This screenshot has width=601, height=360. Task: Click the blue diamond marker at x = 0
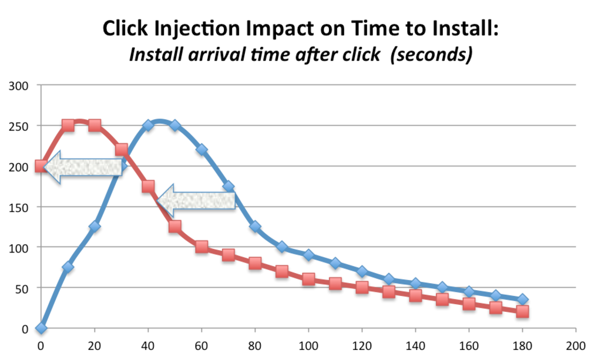tap(41, 328)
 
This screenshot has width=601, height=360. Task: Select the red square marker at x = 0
tap(41, 166)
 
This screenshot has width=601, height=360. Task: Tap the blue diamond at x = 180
tap(522, 300)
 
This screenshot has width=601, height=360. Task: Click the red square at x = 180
tap(522, 312)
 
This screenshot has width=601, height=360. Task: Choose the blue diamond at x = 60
tap(202, 150)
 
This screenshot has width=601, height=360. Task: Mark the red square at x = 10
tap(68, 126)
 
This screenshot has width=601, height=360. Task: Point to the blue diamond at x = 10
tap(68, 267)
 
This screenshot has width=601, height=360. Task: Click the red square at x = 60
tap(202, 247)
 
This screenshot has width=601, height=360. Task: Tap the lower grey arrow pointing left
tap(196, 200)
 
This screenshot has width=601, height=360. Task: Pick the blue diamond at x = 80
tap(255, 227)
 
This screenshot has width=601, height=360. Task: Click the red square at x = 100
tap(308, 280)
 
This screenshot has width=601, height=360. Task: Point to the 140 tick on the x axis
tap(415, 345)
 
